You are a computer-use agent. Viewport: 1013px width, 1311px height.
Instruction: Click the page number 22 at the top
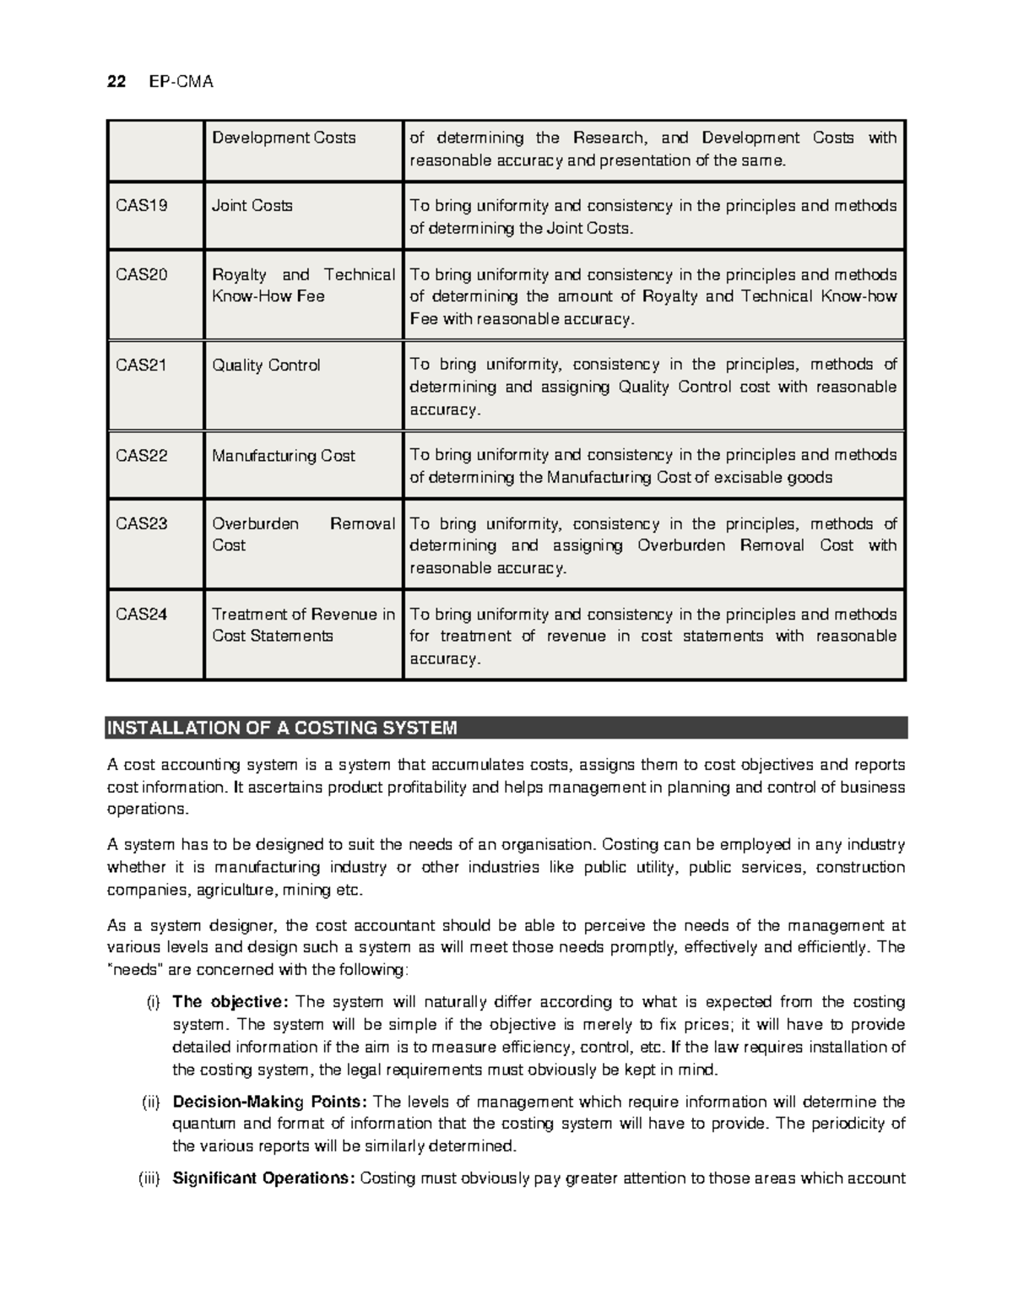pyautogui.click(x=116, y=82)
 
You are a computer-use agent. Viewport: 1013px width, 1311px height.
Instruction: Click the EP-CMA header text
pyautogui.click(x=181, y=82)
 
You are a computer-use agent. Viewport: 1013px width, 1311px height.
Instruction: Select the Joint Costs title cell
pyautogui.click(x=252, y=205)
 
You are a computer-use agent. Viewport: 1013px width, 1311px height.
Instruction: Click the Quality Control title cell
pyautogui.click(x=266, y=366)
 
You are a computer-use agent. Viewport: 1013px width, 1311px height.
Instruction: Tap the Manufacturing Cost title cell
pyautogui.click(x=283, y=456)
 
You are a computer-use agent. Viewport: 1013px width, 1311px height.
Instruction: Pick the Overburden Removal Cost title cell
pyautogui.click(x=302, y=534)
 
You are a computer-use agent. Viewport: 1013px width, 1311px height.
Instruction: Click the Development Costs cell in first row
pyautogui.click(x=284, y=138)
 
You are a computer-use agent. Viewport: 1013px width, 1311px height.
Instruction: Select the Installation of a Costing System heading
pyautogui.click(x=282, y=728)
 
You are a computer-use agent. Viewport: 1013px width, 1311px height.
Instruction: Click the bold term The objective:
pyautogui.click(x=230, y=1002)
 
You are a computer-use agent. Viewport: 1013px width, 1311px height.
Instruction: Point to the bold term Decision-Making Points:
pyautogui.click(x=269, y=1102)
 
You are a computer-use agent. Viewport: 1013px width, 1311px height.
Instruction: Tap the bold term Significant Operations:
pyautogui.click(x=263, y=1178)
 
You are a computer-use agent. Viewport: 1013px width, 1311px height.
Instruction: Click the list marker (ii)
pyautogui.click(x=149, y=1102)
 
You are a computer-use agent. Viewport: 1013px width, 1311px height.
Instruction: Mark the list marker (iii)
pyautogui.click(x=149, y=1178)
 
